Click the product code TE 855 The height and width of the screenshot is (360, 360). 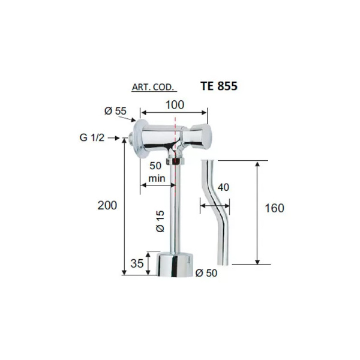219,86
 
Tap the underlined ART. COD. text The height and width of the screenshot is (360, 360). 153,87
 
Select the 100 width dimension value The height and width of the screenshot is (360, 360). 175,104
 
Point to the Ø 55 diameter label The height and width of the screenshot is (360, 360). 115,111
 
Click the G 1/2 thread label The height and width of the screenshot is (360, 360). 92,137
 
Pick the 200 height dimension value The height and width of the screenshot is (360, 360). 107,205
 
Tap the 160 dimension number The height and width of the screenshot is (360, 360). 274,208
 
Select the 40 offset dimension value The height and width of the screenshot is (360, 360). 223,187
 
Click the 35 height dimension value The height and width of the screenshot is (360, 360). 137,263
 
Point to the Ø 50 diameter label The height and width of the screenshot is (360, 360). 206,273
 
